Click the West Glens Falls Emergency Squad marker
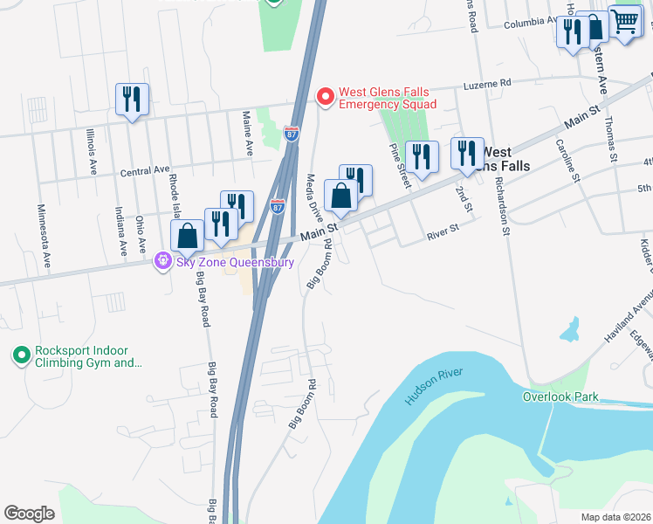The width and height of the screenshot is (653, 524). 326,96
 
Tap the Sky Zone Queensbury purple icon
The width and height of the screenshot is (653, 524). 162,261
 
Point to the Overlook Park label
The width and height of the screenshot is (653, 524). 560,396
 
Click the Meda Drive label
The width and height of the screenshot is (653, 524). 313,197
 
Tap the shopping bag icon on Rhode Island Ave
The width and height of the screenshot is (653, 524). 188,235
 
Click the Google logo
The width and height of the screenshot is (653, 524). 29,514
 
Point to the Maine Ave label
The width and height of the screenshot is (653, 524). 248,133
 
